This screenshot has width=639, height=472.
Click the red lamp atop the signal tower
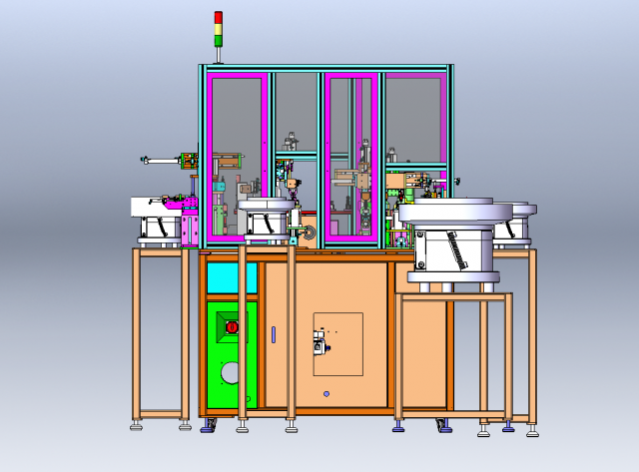click(219, 17)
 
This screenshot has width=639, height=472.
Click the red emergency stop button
click(232, 326)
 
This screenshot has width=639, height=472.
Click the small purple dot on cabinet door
click(326, 393)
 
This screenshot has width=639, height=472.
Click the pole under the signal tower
click(219, 55)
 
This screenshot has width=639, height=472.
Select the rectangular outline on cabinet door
click(337, 344)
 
